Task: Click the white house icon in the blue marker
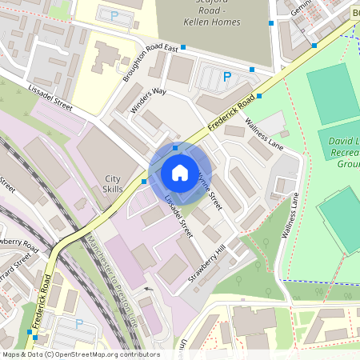click(179, 172)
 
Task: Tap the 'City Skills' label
click(113, 184)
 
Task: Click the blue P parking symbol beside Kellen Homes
click(227, 77)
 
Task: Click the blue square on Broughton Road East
click(183, 47)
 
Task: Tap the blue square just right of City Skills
click(144, 182)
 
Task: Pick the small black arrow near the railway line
click(146, 289)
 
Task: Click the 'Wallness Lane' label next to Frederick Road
click(264, 134)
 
